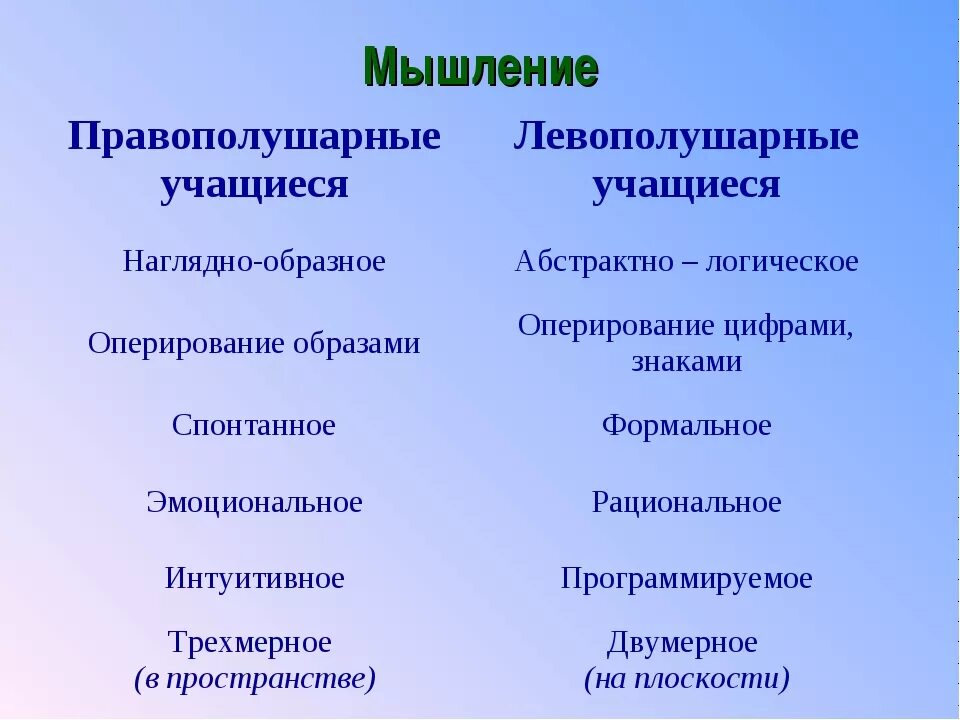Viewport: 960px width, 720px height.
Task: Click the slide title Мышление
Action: (481, 68)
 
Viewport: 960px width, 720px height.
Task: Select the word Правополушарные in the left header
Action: (254, 137)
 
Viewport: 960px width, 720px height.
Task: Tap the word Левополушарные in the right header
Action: (686, 137)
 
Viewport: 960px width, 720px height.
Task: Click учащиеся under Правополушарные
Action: (254, 185)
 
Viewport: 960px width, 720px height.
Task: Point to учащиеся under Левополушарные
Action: (686, 185)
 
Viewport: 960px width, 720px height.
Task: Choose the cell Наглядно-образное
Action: (254, 262)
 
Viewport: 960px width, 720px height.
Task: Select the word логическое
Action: (781, 262)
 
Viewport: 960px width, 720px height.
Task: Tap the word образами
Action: (357, 344)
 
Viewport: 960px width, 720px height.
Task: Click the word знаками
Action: (686, 361)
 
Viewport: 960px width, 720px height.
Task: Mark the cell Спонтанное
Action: (254, 426)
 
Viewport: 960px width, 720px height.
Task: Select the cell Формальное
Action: (686, 426)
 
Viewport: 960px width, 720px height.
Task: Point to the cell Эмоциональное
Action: (254, 502)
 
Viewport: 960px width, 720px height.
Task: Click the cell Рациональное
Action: (686, 502)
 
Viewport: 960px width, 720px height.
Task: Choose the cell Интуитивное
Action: (254, 578)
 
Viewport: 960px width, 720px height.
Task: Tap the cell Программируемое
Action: (686, 578)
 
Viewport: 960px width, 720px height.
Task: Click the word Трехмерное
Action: (249, 642)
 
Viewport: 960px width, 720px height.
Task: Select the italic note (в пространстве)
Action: (255, 680)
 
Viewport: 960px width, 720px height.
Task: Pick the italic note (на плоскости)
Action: (687, 680)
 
